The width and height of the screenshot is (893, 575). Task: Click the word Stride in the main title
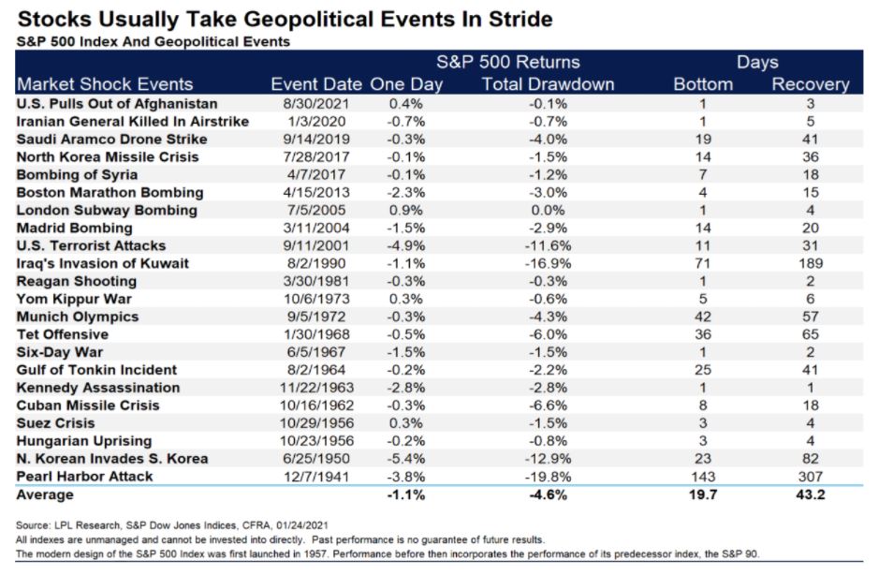pyautogui.click(x=520, y=20)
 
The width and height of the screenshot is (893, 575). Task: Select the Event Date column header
pyautogui.click(x=316, y=84)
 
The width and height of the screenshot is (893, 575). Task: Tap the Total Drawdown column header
pyautogui.click(x=548, y=84)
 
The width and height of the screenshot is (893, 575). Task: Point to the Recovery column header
pyautogui.click(x=811, y=84)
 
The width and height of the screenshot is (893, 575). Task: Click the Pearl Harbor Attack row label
pyautogui.click(x=84, y=477)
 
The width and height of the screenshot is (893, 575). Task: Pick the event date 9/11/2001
pyautogui.click(x=316, y=245)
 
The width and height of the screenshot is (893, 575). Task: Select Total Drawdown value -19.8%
pyautogui.click(x=548, y=477)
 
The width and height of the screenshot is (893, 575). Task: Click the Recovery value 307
pyautogui.click(x=811, y=477)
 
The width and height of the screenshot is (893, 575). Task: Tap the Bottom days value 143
pyautogui.click(x=703, y=477)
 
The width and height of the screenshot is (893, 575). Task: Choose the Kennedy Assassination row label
pyautogui.click(x=98, y=388)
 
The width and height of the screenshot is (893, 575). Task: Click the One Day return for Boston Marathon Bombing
pyautogui.click(x=405, y=193)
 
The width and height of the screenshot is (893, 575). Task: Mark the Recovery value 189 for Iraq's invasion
pyautogui.click(x=811, y=263)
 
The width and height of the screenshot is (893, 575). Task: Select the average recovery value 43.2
pyautogui.click(x=811, y=494)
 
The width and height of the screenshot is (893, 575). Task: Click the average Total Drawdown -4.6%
pyautogui.click(x=548, y=494)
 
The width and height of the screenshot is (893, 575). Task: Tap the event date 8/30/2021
pyautogui.click(x=316, y=104)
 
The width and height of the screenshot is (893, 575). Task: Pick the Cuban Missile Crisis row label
pyautogui.click(x=88, y=405)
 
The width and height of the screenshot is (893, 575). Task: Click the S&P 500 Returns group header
pyautogui.click(x=508, y=62)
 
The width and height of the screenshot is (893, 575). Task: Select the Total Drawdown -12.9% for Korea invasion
pyautogui.click(x=548, y=459)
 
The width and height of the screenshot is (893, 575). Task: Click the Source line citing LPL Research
pyautogui.click(x=172, y=525)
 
